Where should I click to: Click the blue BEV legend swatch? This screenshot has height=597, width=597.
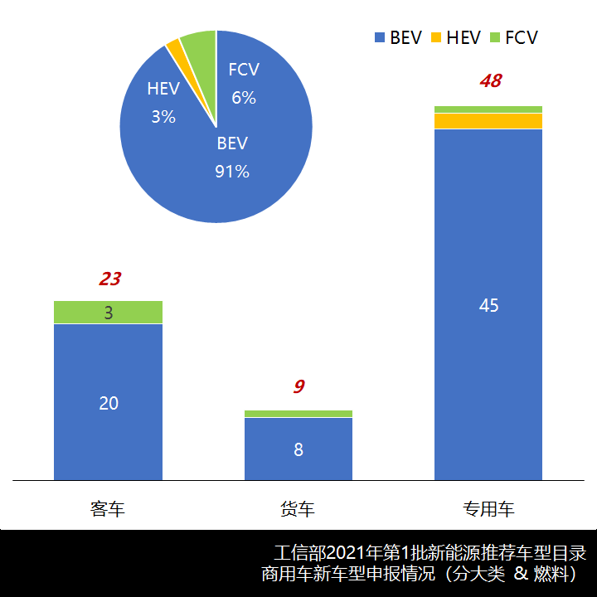pos(380,38)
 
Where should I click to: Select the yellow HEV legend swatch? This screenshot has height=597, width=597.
pos(436,38)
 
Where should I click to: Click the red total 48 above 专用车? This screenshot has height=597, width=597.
pos(490,81)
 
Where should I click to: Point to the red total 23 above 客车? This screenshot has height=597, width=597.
pos(109,279)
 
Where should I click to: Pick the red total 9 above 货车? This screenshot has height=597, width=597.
pos(298,386)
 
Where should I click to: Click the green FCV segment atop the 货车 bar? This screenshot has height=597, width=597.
pos(298,414)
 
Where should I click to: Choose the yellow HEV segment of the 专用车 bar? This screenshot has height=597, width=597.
pos(488,121)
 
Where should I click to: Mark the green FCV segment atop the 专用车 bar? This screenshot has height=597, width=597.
pos(488,109)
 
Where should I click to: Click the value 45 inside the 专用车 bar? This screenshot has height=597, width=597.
pos(488,305)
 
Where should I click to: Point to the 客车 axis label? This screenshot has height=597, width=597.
pos(108,508)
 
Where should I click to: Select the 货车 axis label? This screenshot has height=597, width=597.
pos(298,508)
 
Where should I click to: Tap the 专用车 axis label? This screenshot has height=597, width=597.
pos(488,508)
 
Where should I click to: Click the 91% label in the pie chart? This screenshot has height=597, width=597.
pos(232,172)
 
